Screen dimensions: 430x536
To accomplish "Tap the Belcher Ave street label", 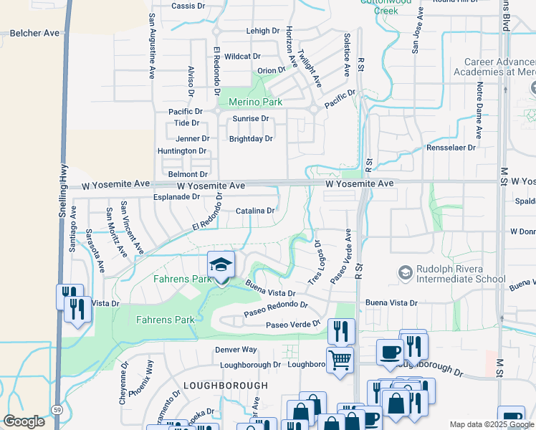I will tap(33, 33).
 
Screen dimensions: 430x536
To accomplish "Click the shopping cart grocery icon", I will tap(340, 358).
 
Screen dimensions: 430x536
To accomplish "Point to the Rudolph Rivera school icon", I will tap(406, 273).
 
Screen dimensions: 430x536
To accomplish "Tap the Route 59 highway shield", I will tap(56, 409).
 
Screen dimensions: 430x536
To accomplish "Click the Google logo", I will tap(24, 421).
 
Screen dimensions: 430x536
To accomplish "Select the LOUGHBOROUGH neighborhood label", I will tap(215, 385).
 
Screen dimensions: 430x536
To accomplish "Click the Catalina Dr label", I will tap(255, 211).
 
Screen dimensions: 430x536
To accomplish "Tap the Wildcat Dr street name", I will tap(242, 56).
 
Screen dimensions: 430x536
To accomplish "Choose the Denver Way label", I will tap(236, 350).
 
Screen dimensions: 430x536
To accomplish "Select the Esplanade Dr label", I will tap(176, 196).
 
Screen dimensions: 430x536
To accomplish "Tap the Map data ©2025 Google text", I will tap(491, 424).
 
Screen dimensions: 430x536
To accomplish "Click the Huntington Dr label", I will tap(182, 151).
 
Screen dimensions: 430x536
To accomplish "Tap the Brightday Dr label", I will tap(251, 139).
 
